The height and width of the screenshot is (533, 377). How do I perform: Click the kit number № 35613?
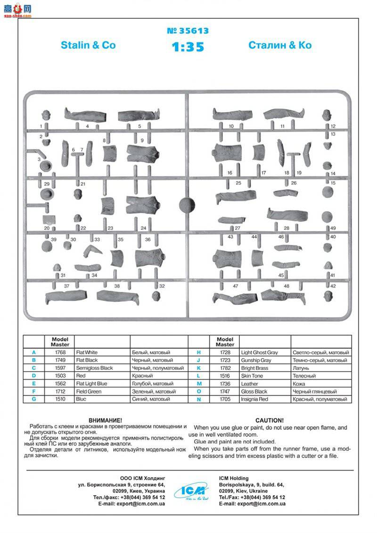(x=188, y=31)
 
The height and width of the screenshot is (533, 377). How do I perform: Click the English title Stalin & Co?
(x=88, y=45)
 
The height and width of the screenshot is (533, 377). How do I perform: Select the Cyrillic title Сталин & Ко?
(x=280, y=45)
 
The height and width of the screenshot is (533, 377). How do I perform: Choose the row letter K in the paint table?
(x=199, y=368)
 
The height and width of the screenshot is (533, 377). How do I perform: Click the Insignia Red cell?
(x=255, y=399)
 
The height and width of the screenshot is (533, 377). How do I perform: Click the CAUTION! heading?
(x=270, y=420)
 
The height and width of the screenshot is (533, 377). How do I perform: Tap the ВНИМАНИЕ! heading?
(x=105, y=420)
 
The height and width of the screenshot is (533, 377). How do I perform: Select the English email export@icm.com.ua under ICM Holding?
(x=252, y=504)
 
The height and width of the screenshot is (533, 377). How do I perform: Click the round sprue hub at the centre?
(x=187, y=205)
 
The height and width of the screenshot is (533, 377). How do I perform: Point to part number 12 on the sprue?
(x=333, y=126)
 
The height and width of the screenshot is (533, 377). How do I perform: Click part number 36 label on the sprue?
(x=148, y=240)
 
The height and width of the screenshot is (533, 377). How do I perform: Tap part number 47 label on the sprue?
(x=236, y=286)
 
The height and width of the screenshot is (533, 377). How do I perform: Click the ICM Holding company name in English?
(x=234, y=478)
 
